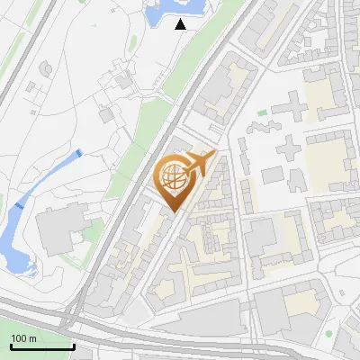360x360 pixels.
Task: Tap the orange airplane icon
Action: (x=203, y=163)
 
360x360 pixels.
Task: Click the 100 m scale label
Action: (x=23, y=338)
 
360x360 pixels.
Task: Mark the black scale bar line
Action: (x=41, y=346)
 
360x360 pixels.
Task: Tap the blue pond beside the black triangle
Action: (x=162, y=12)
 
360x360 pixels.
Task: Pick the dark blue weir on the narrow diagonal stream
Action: (x=78, y=154)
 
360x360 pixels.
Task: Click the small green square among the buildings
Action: (x=262, y=112)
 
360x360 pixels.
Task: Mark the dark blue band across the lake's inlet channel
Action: (x=18, y=206)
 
